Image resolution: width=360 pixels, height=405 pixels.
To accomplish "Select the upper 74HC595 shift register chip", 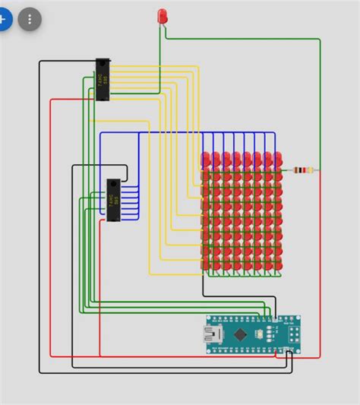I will (104, 79).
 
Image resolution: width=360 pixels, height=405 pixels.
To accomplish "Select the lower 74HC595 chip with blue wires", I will (113, 200).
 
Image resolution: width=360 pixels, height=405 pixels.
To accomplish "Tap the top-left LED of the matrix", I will (206, 160).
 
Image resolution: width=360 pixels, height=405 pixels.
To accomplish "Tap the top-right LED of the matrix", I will (279, 160).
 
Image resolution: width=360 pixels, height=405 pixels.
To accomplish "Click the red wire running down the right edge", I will (320, 266).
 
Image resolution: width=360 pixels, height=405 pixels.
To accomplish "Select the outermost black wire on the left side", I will (39, 228).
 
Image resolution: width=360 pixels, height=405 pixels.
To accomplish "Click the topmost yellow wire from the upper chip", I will (152, 66).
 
